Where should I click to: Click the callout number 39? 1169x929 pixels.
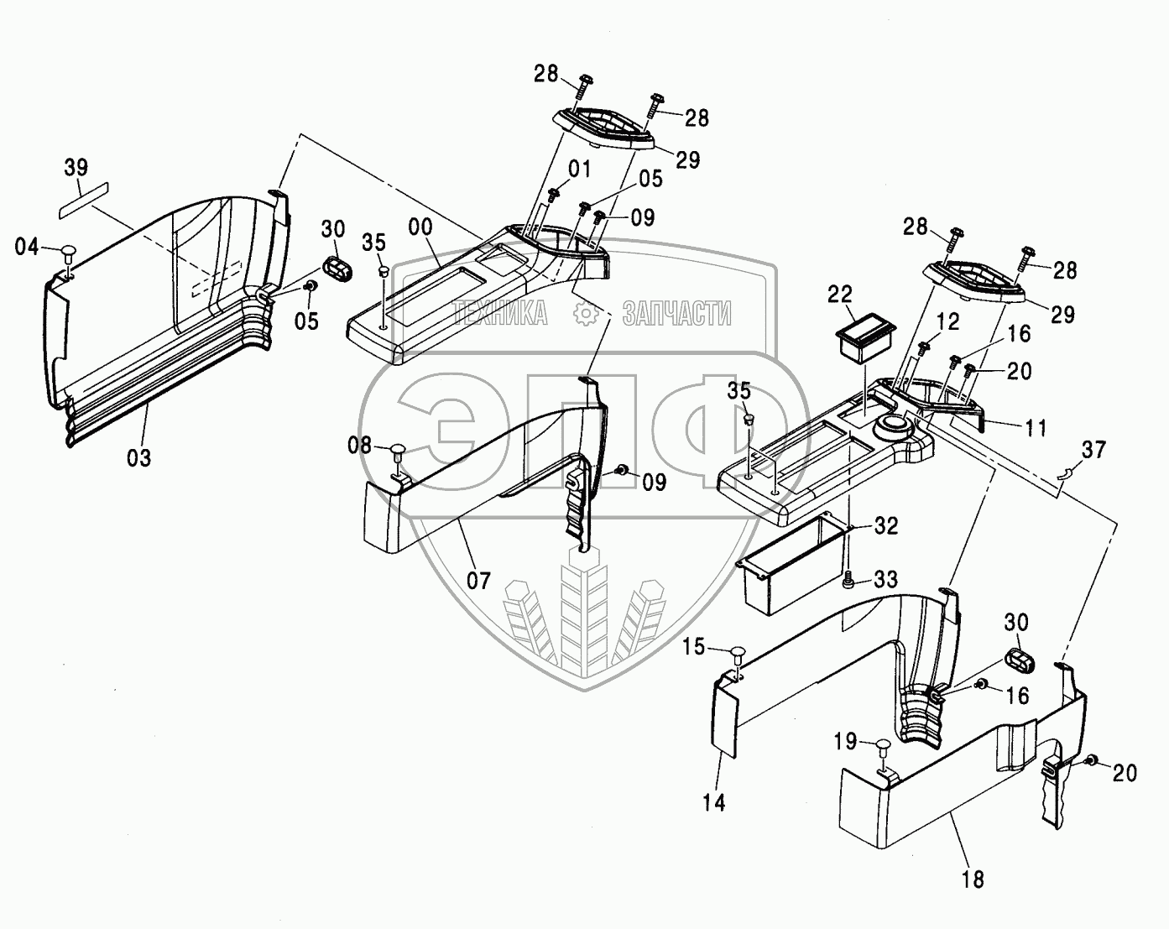pyautogui.click(x=76, y=168)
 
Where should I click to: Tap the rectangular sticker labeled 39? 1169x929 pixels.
pyautogui.click(x=84, y=201)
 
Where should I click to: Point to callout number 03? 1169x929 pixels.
pyautogui.click(x=138, y=458)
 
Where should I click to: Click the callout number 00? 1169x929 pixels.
pyautogui.click(x=420, y=227)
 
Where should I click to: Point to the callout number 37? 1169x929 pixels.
pyautogui.click(x=1093, y=450)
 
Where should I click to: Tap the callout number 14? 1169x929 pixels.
pyautogui.click(x=714, y=802)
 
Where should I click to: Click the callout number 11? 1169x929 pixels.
pyautogui.click(x=1035, y=428)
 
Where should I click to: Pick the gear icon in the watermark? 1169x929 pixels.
pyautogui.click(x=586, y=313)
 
